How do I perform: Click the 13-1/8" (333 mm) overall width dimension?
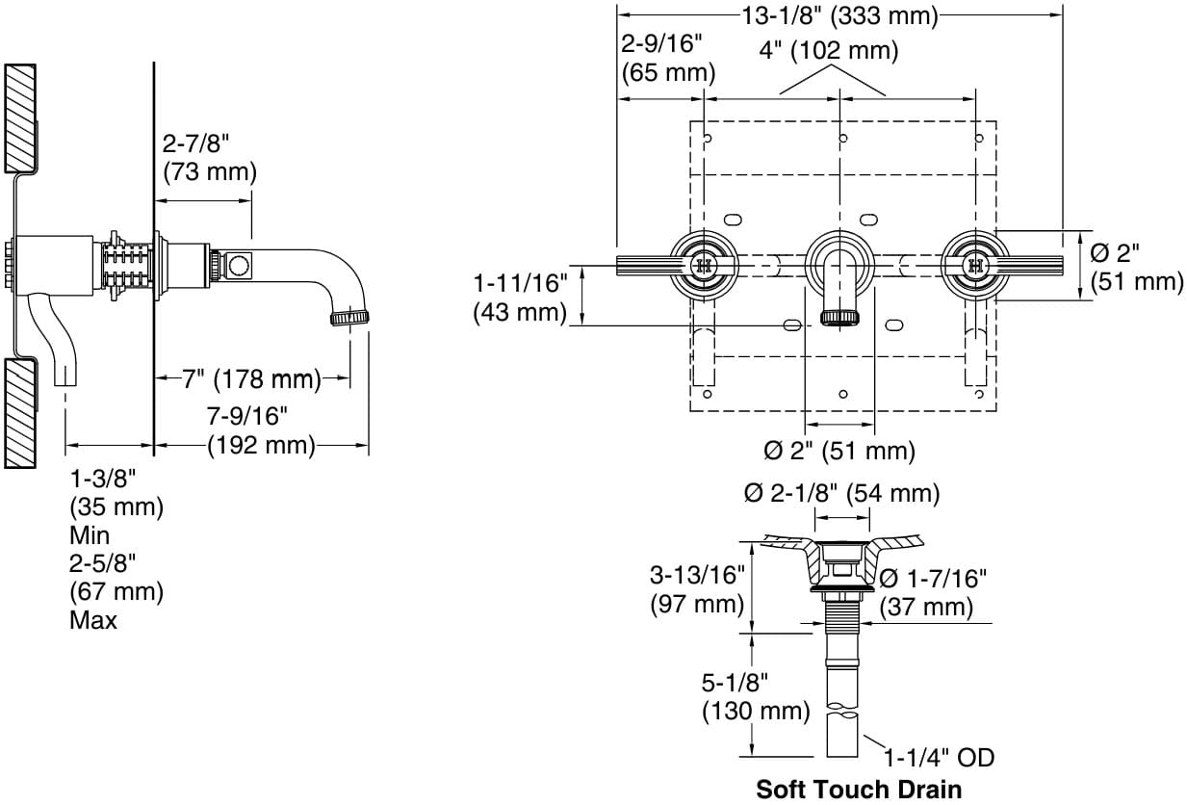[839, 15]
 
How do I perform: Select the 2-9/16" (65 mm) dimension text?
[668, 58]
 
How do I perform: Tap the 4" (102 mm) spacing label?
[828, 50]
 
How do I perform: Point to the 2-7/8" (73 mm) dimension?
[209, 158]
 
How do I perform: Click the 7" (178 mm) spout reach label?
[251, 379]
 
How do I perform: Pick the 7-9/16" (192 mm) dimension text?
[262, 430]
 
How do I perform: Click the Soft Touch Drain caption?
[858, 790]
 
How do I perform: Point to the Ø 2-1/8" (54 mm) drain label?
[841, 493]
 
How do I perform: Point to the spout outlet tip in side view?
[352, 318]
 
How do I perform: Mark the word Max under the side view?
[93, 620]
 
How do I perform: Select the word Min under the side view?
[90, 535]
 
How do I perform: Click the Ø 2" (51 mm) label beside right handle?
[1135, 267]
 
